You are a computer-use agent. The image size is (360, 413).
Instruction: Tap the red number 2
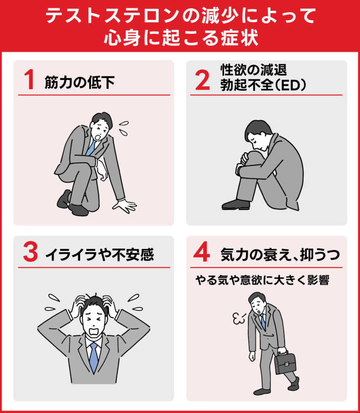[x=202, y=80]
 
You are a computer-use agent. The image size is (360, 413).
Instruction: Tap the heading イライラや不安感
[x=100, y=255]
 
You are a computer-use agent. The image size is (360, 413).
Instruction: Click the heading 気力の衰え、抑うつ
[x=280, y=255]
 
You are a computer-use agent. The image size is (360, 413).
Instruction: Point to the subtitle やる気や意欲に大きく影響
[x=262, y=281]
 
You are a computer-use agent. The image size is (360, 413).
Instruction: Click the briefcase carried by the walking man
[x=285, y=363]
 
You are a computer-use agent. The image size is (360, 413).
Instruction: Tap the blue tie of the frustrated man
[x=94, y=357]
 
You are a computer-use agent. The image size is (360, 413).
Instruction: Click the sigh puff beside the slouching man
[x=239, y=319]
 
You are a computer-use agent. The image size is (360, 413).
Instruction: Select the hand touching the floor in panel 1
[x=125, y=205]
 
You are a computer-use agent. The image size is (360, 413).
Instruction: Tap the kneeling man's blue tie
[x=91, y=148]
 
